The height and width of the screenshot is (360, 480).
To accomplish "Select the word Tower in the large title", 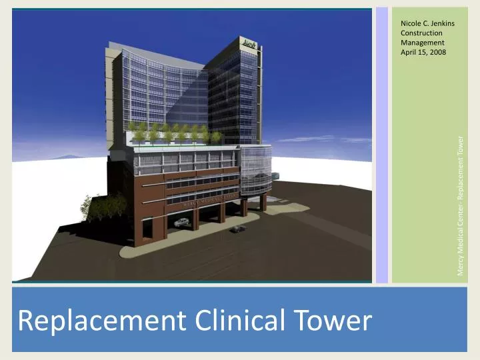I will pos(334,321).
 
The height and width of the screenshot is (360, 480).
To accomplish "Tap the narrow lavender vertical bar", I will pos(382,144).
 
